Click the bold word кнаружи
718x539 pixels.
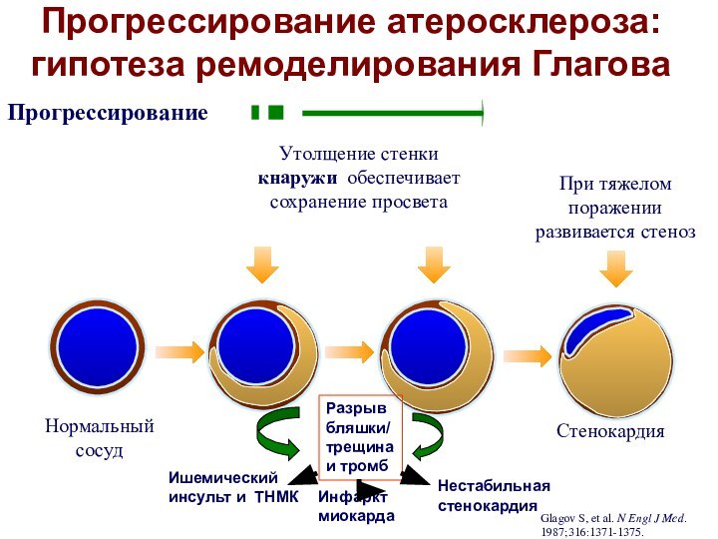(296, 179)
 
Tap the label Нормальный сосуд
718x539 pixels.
(99, 438)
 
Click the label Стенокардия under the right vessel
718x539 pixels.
(610, 431)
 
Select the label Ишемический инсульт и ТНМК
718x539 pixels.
(232, 487)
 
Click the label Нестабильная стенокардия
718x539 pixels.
(494, 495)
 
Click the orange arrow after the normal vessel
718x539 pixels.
(179, 350)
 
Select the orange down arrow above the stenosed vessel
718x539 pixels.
(615, 268)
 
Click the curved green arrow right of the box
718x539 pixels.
(425, 437)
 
